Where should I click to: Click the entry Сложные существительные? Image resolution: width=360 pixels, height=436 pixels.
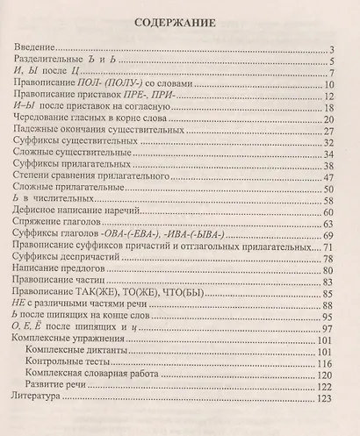click(76, 154)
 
